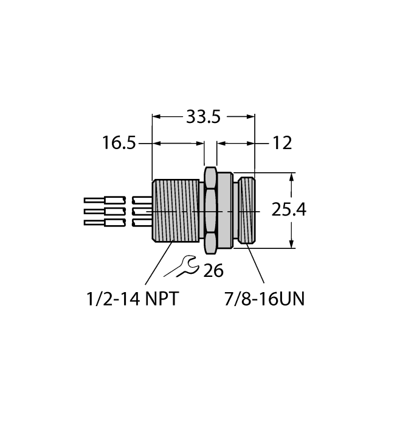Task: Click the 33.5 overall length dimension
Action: tap(202, 116)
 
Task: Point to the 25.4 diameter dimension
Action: tap(288, 211)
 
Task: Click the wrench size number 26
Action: tap(213, 270)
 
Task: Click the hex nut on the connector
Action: tap(210, 211)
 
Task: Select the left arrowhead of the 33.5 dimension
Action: tap(156, 116)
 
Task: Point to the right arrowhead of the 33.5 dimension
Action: tap(250, 116)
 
